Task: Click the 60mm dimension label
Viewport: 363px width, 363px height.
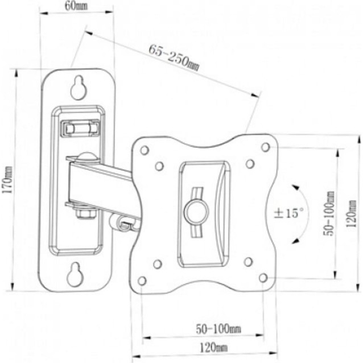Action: point(76,6)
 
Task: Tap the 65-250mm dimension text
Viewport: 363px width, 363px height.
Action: point(174,57)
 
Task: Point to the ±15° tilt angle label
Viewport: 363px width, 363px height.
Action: point(289,214)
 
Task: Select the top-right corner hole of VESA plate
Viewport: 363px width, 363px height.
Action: point(265,147)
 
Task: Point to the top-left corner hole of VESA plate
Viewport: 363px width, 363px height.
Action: point(145,150)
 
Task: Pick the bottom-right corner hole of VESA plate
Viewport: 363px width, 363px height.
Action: point(263,278)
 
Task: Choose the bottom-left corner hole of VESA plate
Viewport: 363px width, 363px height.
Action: point(142,280)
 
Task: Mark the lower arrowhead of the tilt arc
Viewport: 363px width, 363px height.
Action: point(294,241)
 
